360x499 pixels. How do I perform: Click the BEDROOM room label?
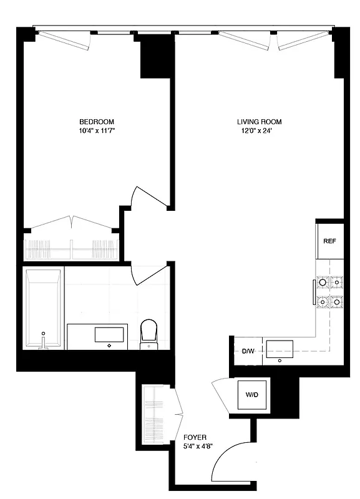tap(96, 122)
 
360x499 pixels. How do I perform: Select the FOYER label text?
tap(195, 438)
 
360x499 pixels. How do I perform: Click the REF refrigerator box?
tap(329, 240)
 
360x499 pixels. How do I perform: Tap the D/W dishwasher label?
tap(248, 352)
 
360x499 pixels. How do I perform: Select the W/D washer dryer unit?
tap(252, 394)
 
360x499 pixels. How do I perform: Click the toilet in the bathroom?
tap(148, 332)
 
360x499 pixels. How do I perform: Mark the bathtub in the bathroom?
tap(43, 309)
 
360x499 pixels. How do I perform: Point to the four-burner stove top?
tap(329, 293)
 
